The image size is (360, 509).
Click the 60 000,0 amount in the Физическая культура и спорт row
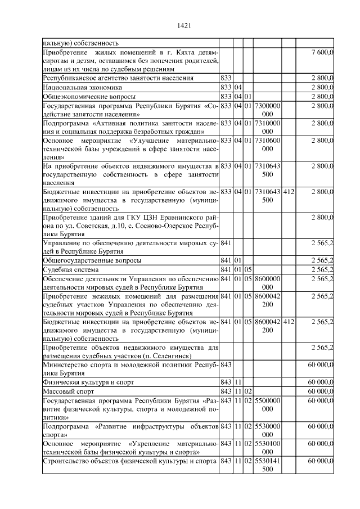321,382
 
